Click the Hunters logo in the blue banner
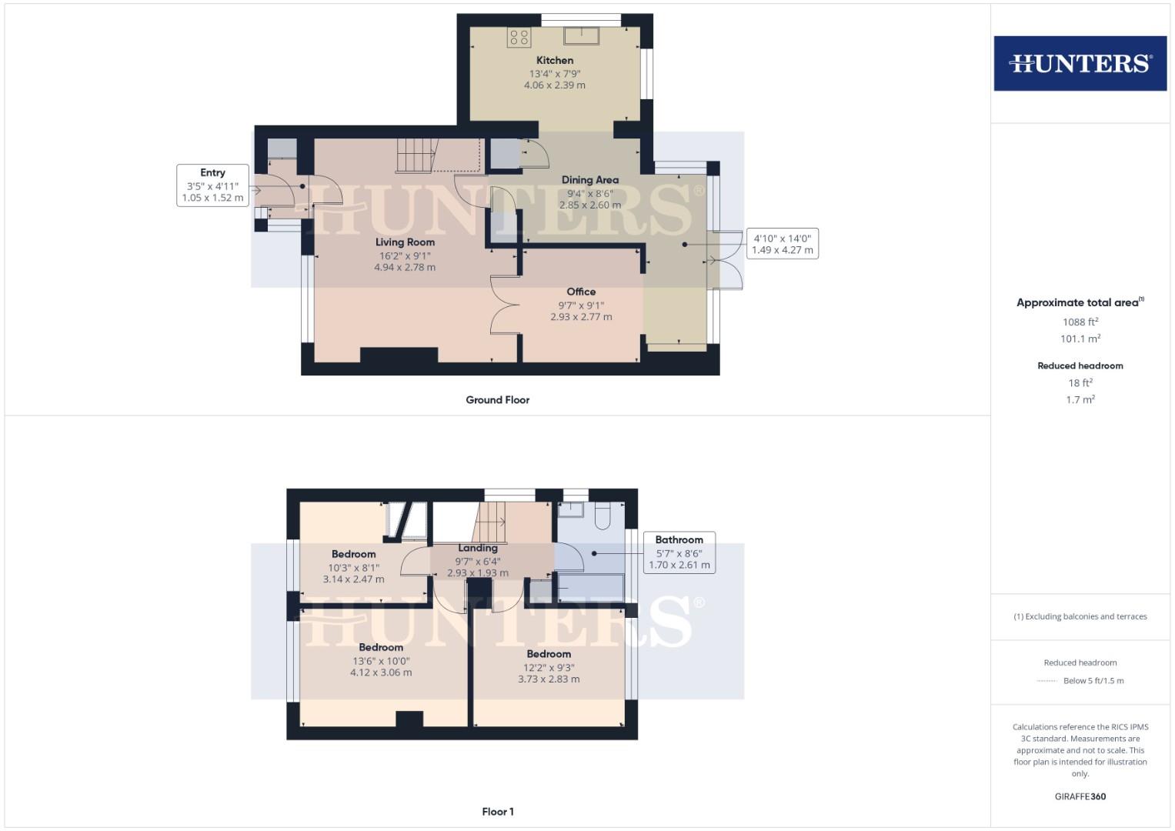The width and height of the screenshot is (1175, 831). point(1080,63)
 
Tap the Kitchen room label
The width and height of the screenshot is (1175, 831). point(555,60)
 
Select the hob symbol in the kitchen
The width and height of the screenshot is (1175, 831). point(519,37)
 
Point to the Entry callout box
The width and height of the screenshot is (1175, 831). point(212,185)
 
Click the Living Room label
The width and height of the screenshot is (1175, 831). point(405,242)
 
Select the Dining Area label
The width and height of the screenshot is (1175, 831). point(589,179)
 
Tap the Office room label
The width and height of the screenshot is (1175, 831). point(581,292)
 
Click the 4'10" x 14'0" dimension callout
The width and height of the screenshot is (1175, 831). point(782,244)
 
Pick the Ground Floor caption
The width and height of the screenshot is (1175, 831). point(497,400)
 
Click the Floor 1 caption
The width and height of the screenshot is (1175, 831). point(498,812)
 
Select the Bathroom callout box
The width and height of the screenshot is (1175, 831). point(679,552)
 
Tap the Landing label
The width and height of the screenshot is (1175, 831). point(478,548)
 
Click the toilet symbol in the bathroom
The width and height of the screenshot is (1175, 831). point(603,515)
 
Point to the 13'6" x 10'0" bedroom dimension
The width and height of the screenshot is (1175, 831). point(381,660)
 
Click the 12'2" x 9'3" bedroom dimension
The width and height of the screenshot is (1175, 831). point(549,667)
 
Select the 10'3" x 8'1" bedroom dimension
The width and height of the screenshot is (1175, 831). point(353,567)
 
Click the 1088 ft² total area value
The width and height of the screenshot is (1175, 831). point(1080,322)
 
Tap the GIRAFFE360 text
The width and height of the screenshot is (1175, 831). point(1080,796)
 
